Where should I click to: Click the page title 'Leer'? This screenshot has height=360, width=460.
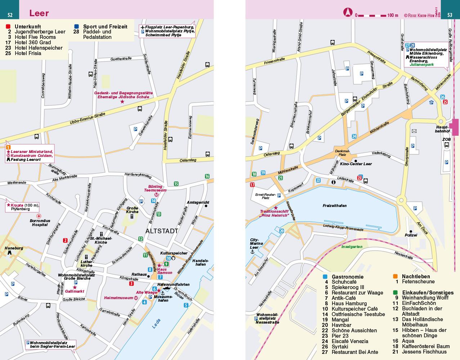pyautogui.click(x=39, y=14)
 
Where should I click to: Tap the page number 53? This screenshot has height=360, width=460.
pyautogui.click(x=450, y=15)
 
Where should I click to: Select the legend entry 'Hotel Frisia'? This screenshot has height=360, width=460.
pyautogui.click(x=28, y=53)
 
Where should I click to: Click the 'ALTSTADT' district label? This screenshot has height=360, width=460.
pyautogui.click(x=162, y=231)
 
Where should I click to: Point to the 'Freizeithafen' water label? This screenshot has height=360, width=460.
pyautogui.click(x=335, y=206)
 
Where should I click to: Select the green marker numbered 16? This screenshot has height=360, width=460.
pyautogui.click(x=207, y=176)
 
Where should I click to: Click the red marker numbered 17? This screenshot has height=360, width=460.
pyautogui.click(x=252, y=185)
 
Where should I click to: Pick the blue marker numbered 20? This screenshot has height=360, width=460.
pyautogui.click(x=281, y=231)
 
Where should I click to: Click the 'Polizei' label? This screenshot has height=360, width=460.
pyautogui.click(x=411, y=235)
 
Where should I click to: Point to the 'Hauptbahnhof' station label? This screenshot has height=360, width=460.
pyautogui.click(x=442, y=129)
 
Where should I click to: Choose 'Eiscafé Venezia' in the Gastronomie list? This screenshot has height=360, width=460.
pyautogui.click(x=350, y=341)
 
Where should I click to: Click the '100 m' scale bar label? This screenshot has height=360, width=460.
pyautogui.click(x=393, y=15)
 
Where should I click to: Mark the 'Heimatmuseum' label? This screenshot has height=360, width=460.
pyautogui.click(x=118, y=298)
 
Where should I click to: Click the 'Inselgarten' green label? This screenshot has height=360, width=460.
pyautogui.click(x=352, y=247)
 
